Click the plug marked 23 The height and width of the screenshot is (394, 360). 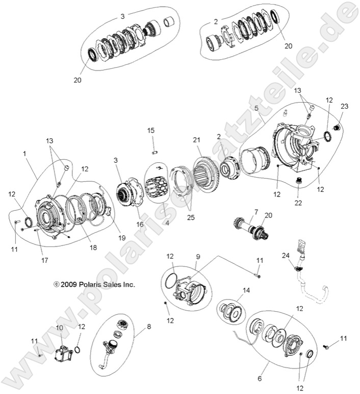(336, 127)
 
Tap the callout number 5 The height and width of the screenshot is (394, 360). (256, 109)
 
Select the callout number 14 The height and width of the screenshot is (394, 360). (233, 290)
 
